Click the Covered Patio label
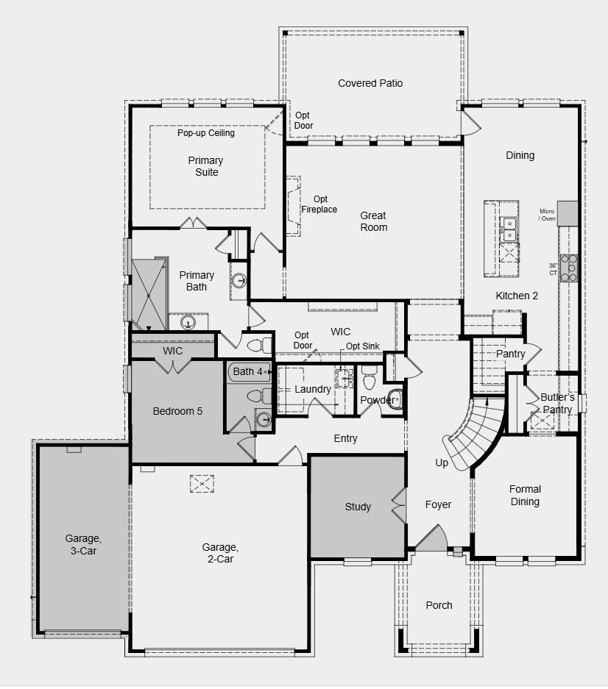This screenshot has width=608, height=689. point(370,83)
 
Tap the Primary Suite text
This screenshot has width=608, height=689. point(205,166)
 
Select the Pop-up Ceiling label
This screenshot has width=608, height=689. point(205,133)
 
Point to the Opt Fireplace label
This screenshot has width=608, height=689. point(319,204)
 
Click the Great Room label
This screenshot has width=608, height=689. point(373,221)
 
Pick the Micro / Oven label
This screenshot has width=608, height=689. point(546,215)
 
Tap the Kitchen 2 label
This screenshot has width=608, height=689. point(517,296)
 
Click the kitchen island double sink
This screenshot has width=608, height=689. point(509,229)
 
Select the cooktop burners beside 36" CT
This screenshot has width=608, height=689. point(569,268)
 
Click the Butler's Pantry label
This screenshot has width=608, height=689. point(557,403)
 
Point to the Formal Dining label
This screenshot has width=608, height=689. point(525,495)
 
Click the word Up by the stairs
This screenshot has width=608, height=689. point(442,463)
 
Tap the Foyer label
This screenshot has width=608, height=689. point(438,504)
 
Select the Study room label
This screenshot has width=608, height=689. point(358,507)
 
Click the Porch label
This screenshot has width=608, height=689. point(439,605)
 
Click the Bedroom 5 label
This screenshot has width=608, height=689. point(177,411)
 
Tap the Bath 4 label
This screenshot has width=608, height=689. point(247,371)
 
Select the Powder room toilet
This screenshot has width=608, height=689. point(370,379)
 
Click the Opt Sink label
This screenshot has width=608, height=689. point(362,346)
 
